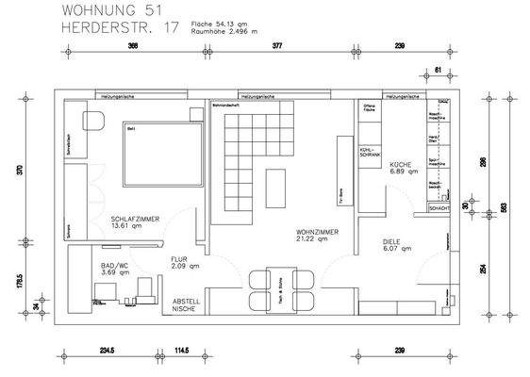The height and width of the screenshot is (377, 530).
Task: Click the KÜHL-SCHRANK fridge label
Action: pos(370,152)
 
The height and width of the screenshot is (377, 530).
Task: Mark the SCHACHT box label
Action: pos(439,207)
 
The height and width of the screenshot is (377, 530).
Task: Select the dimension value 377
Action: pos(277,45)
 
